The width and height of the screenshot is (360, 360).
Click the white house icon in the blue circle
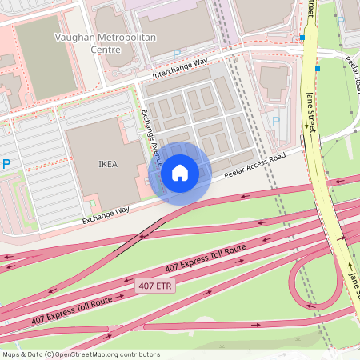tap(180, 173)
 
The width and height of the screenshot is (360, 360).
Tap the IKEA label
tap(108, 165)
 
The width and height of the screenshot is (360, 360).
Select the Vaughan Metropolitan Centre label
tap(91, 42)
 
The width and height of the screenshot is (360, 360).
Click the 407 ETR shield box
tap(155, 286)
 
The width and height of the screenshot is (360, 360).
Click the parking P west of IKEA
tap(6, 164)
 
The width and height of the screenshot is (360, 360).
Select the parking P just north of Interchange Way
tap(176, 54)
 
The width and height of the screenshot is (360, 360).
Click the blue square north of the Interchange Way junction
tap(302, 38)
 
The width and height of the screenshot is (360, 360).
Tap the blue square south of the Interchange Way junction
tap(318, 70)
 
